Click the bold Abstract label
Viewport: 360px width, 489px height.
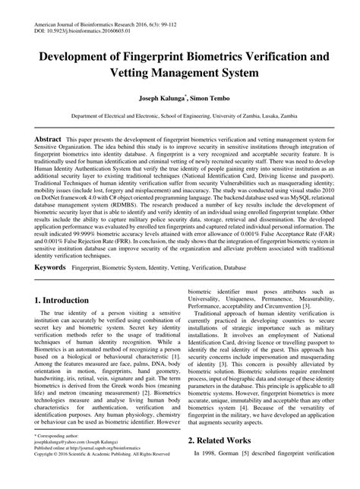(46, 141)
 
